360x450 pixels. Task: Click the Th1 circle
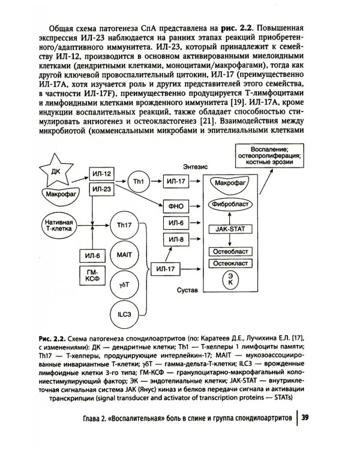[139, 181]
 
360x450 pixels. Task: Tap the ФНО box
[176, 206]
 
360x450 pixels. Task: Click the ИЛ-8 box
[176, 240]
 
